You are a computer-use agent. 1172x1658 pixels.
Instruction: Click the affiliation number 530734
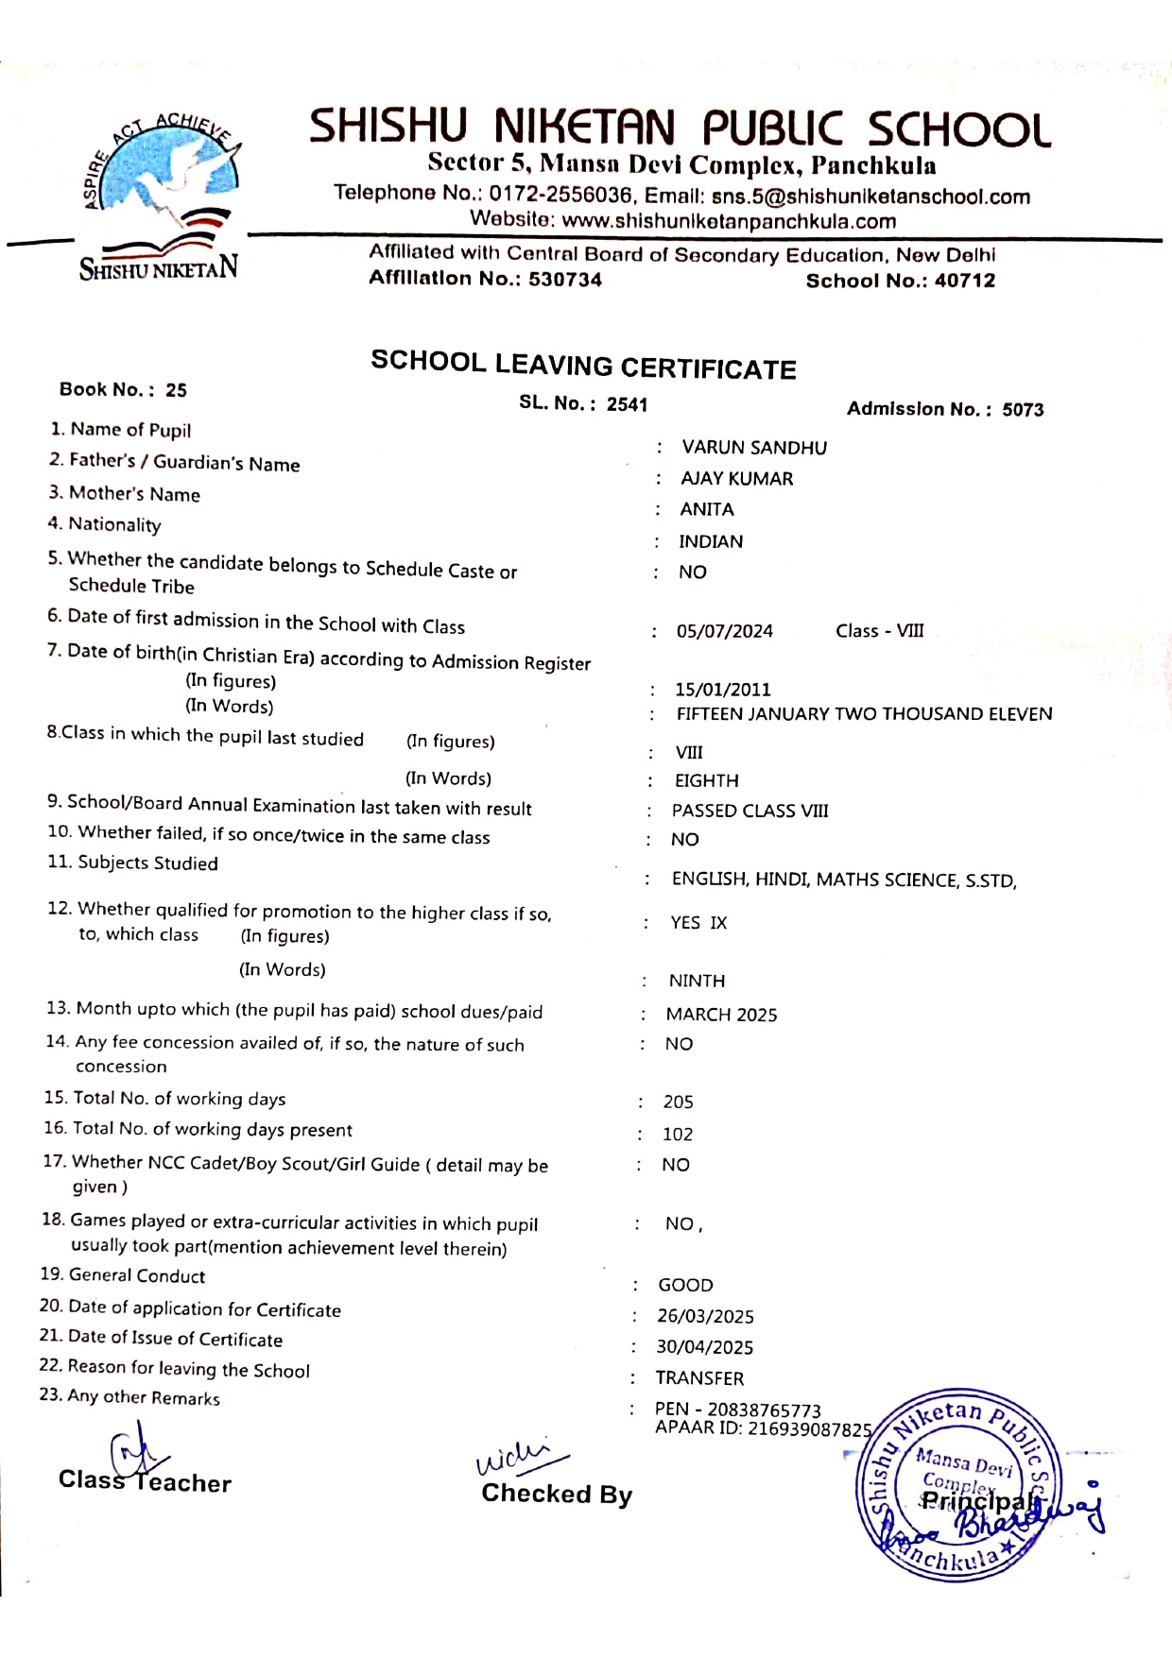(564, 279)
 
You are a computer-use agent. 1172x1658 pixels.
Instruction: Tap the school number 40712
(964, 281)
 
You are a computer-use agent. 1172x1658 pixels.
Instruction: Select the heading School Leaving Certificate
(583, 366)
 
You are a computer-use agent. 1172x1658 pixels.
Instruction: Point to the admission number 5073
(1023, 410)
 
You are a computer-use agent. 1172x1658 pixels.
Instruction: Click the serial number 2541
(627, 404)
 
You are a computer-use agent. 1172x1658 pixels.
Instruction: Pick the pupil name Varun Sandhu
(753, 448)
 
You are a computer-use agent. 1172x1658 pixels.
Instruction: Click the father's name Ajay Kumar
(736, 479)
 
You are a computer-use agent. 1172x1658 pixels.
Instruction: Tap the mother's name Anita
(706, 510)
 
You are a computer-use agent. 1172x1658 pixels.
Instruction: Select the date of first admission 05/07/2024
(724, 631)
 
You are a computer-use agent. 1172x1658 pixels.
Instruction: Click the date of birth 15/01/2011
(722, 690)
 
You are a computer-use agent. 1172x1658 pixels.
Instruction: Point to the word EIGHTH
(706, 781)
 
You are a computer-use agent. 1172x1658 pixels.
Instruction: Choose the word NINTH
(697, 982)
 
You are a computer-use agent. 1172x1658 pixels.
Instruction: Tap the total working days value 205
(678, 1102)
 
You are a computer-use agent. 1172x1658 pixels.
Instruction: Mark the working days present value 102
(677, 1135)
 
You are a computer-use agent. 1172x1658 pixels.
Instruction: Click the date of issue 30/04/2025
(704, 1347)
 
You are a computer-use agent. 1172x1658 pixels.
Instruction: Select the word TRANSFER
(699, 1378)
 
